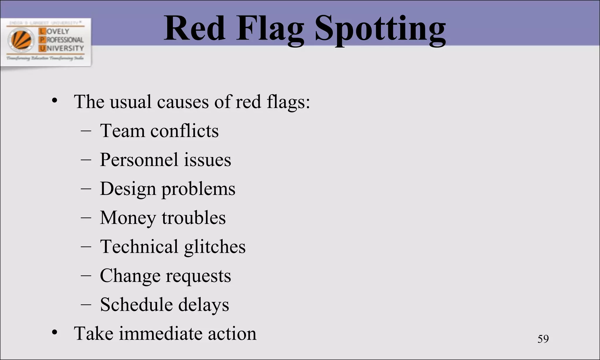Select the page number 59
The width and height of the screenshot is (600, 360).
(x=543, y=339)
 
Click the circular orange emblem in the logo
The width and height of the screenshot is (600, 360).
(x=21, y=40)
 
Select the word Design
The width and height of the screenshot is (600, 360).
(x=128, y=189)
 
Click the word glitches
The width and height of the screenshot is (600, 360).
(x=215, y=247)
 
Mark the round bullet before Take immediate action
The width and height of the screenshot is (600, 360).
(x=54, y=333)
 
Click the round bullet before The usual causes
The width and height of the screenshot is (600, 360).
(x=54, y=101)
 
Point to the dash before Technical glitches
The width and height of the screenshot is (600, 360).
(x=86, y=247)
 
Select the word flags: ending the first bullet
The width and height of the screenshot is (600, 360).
(x=288, y=102)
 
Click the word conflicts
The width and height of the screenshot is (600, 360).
(x=184, y=131)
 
